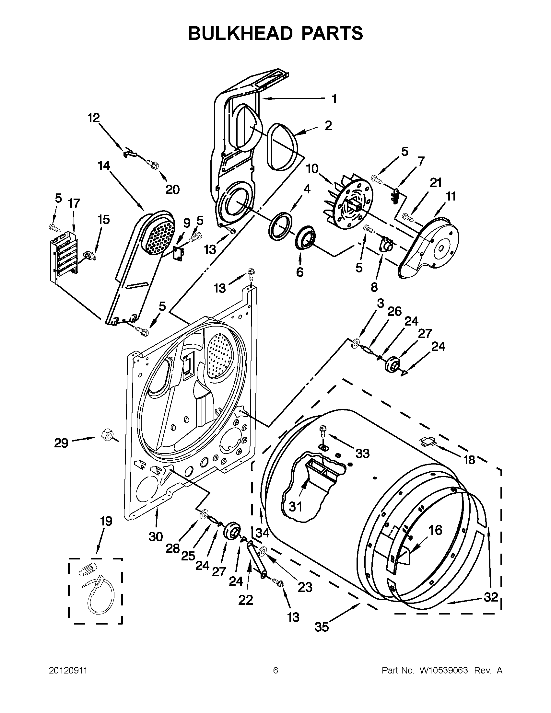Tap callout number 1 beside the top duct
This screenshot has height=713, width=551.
click(334, 98)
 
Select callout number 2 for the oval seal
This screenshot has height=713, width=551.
click(328, 125)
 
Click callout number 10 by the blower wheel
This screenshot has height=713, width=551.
click(312, 169)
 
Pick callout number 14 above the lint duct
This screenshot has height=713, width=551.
click(104, 166)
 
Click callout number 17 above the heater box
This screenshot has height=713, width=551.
click(74, 203)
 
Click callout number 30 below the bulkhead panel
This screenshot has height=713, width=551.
click(156, 536)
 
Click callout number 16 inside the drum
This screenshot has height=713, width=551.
click(435, 530)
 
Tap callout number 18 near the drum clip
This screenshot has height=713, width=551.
click(469, 460)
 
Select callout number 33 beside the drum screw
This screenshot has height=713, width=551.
click(362, 453)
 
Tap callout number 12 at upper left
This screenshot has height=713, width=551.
click(94, 118)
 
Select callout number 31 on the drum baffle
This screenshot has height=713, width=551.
click(296, 507)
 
